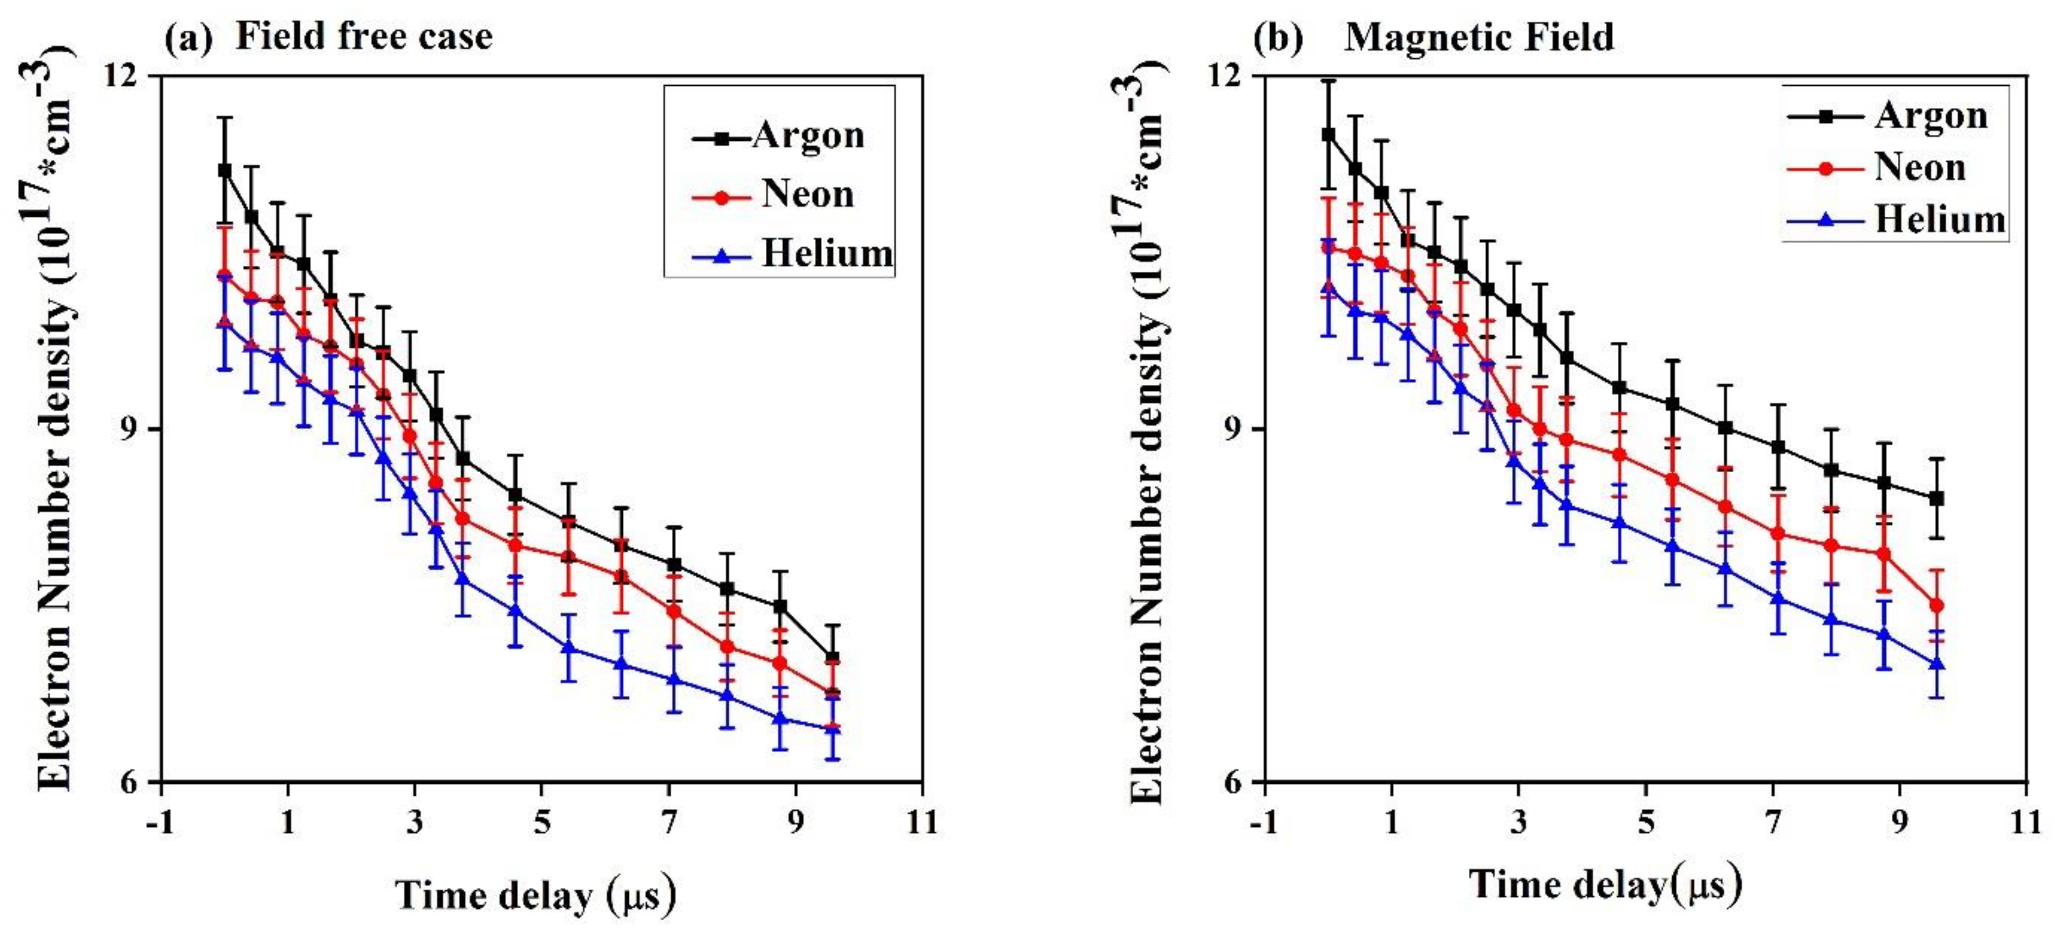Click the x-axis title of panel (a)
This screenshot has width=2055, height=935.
(x=536, y=895)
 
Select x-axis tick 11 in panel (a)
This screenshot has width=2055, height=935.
(x=922, y=821)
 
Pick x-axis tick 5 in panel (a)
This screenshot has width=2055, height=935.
(x=541, y=821)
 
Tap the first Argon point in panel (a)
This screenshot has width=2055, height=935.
(x=225, y=170)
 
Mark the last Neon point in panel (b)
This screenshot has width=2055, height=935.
(x=1936, y=605)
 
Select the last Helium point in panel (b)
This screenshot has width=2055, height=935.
(x=1936, y=664)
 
